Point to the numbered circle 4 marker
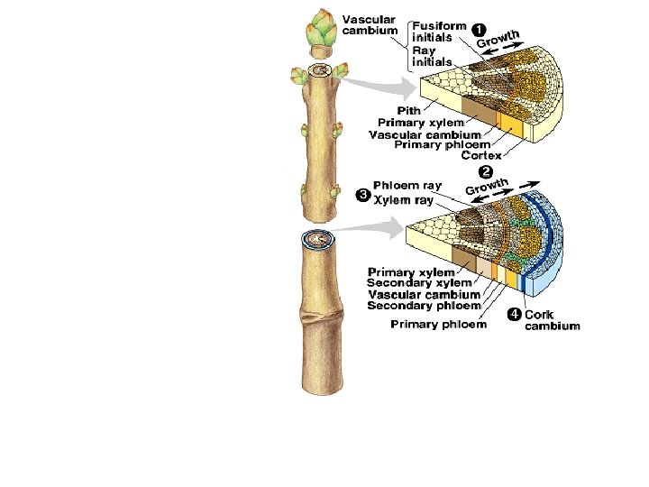[514, 315]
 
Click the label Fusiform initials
[439, 32]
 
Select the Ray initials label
[432, 56]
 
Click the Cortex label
[482, 155]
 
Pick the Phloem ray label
[407, 186]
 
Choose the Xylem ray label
[403, 200]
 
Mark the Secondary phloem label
[424, 306]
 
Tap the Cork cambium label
[552, 320]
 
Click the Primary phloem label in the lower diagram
[438, 325]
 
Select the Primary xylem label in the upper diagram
[421, 122]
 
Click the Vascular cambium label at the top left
[370, 24]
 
